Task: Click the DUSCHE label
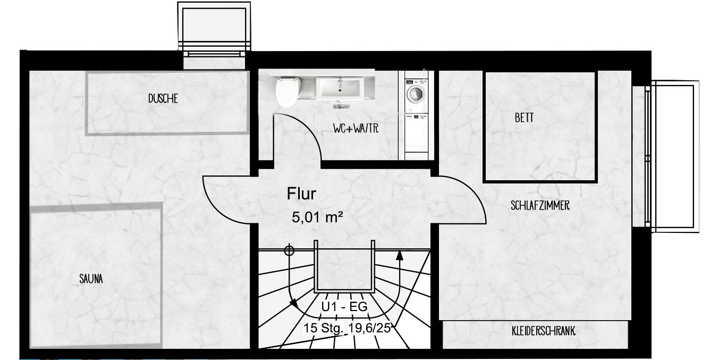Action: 163,99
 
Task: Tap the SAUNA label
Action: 91,279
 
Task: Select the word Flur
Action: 301,194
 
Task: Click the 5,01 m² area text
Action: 317,217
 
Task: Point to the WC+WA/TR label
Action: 356,129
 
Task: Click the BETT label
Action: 524,118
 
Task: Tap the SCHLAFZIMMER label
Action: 540,206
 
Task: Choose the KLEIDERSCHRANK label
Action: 543,331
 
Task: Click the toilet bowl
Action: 288,93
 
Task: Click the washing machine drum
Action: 415,94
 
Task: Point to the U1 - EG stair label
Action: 344,307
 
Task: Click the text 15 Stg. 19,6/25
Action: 347,328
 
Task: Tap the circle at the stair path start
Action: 289,250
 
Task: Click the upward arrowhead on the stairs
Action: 400,255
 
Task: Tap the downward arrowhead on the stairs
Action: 294,304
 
